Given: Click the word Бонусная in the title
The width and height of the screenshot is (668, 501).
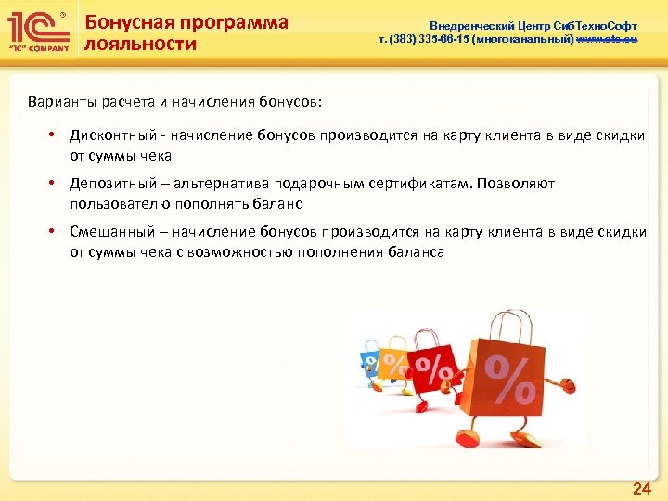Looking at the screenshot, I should point(127,22).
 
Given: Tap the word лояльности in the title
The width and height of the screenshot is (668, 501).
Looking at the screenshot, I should point(140,44).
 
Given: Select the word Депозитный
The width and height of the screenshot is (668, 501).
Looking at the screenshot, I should point(109,184).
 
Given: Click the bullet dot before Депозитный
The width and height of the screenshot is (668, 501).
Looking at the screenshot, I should point(57,184).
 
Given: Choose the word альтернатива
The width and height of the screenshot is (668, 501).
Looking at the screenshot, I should point(212,184).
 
